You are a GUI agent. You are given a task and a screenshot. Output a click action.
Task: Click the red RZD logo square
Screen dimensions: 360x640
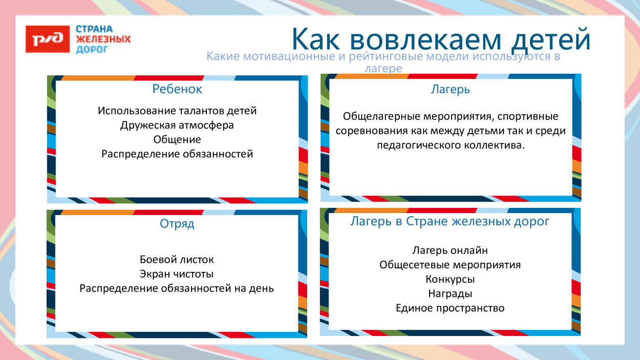48,39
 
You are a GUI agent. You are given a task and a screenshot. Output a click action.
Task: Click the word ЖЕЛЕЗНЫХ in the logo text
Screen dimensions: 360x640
103,39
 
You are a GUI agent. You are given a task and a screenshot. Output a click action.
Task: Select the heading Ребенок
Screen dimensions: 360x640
177,89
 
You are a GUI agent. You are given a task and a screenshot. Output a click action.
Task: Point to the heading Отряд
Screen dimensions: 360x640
177,224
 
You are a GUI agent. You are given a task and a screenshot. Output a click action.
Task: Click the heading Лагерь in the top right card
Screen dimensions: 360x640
451,90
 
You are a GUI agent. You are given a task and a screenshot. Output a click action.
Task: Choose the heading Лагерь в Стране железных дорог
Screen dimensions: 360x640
450,222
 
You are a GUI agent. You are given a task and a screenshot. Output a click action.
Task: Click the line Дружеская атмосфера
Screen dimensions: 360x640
177,125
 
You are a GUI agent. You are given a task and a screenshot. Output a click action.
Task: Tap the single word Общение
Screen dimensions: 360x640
177,139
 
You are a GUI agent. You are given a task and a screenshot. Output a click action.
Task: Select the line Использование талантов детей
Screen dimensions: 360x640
177,111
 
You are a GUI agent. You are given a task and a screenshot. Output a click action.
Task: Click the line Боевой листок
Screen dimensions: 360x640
177,260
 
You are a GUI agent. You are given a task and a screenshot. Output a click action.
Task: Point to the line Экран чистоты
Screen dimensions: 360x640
177,274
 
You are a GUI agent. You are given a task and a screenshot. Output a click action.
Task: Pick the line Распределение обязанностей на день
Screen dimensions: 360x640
177,288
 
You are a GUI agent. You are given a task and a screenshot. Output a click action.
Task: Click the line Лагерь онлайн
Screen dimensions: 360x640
450,250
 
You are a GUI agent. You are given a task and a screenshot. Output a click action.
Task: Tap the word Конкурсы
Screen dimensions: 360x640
450,280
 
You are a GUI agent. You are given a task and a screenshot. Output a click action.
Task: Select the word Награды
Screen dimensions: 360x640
450,294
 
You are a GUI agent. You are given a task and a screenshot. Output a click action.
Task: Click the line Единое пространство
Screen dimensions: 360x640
450,308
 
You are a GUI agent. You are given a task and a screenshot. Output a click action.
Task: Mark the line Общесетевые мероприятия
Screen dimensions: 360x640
450,265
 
